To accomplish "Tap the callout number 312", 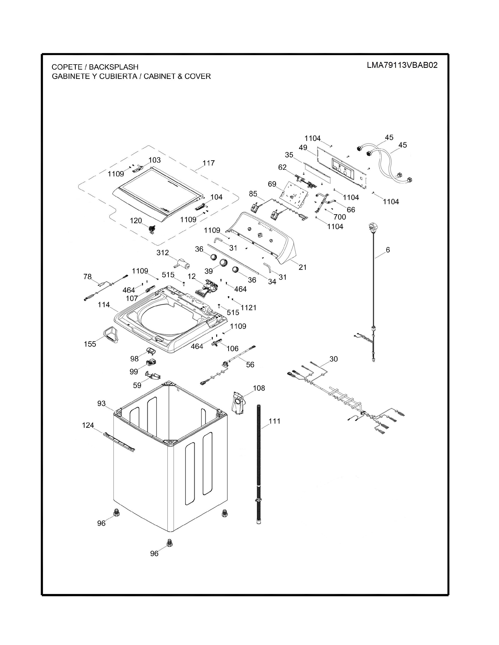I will (163, 253).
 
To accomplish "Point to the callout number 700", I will (340, 217).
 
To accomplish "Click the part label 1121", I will (248, 308).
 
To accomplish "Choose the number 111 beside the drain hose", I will (275, 421).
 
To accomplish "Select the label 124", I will (88, 425).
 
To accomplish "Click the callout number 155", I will (90, 344).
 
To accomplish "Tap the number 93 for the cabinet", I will (101, 403).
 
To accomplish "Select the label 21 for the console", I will (302, 267).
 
